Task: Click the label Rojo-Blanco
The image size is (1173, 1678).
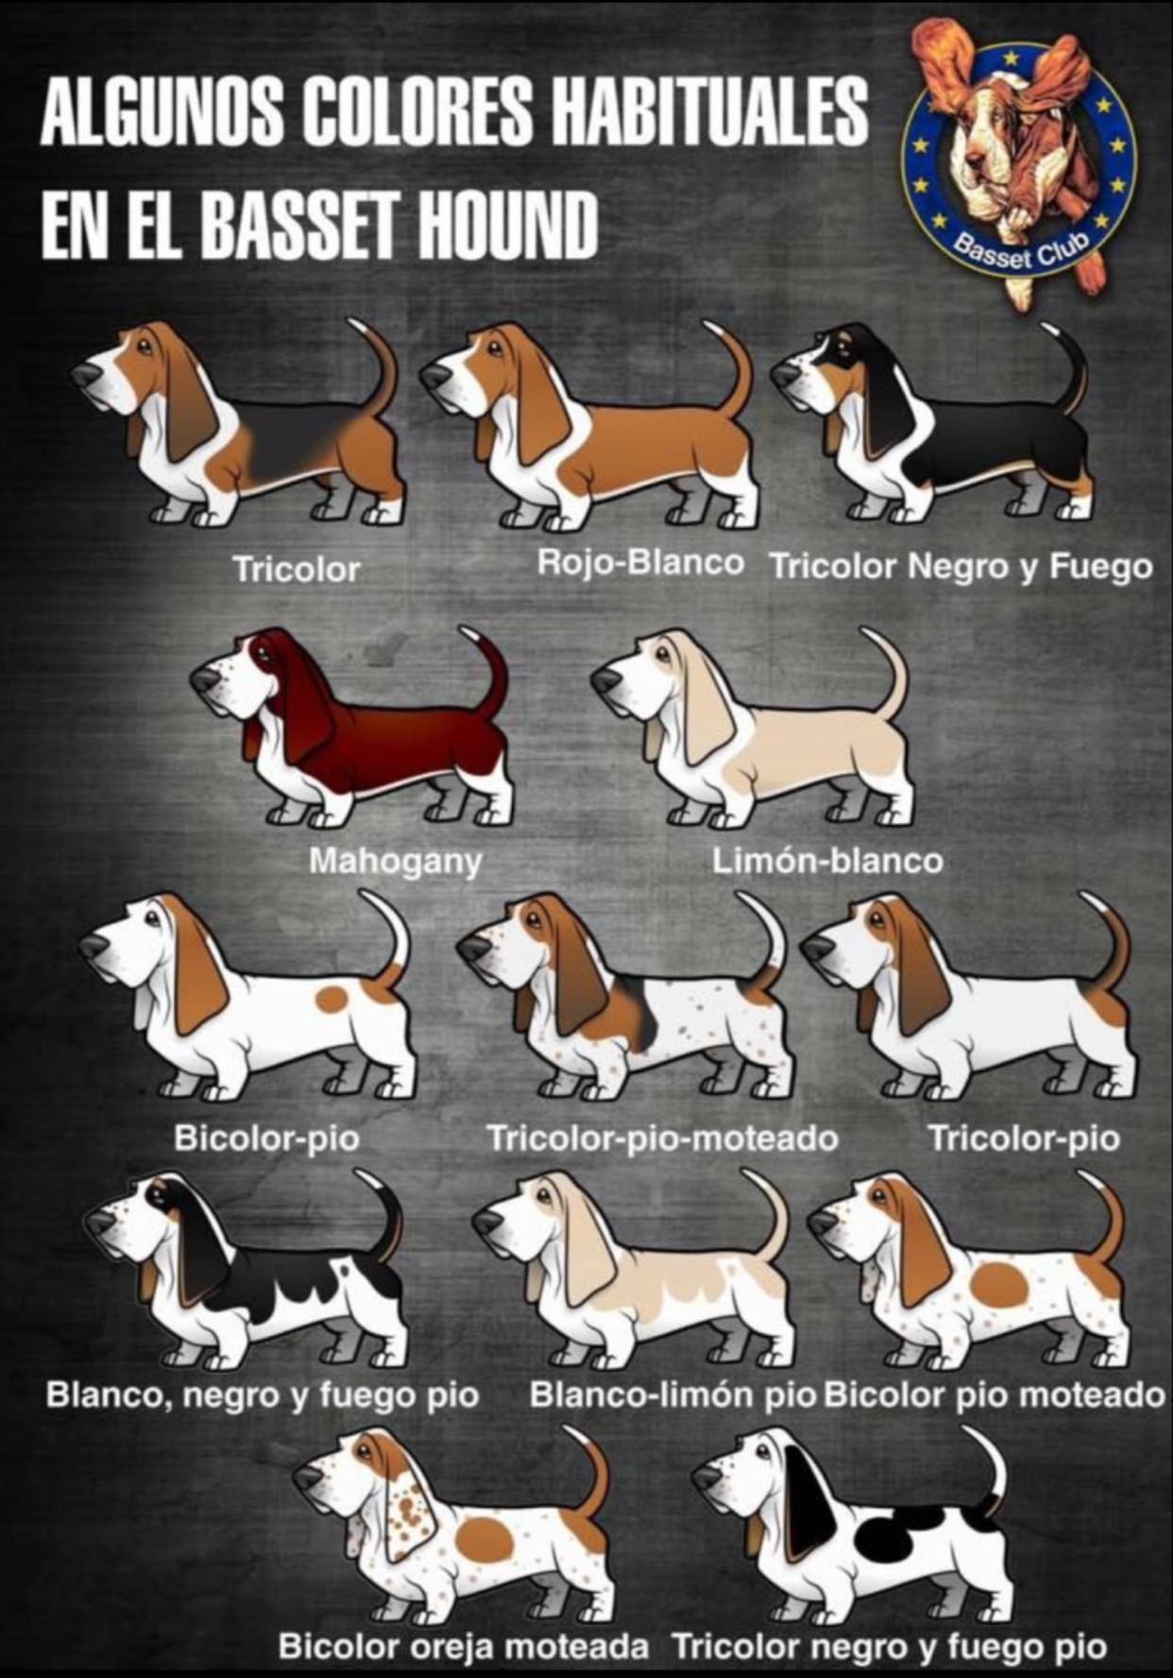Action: [640, 562]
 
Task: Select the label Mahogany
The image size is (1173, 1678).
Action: [396, 862]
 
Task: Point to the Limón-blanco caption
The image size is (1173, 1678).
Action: [827, 861]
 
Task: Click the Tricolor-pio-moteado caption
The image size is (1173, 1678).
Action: [662, 1139]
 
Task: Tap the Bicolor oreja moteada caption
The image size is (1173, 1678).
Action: [464, 1647]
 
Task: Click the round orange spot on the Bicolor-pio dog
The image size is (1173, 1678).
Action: [331, 1000]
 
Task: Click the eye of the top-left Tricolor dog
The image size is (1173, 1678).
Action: [142, 348]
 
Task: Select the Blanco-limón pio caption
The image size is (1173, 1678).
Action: [671, 1395]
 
